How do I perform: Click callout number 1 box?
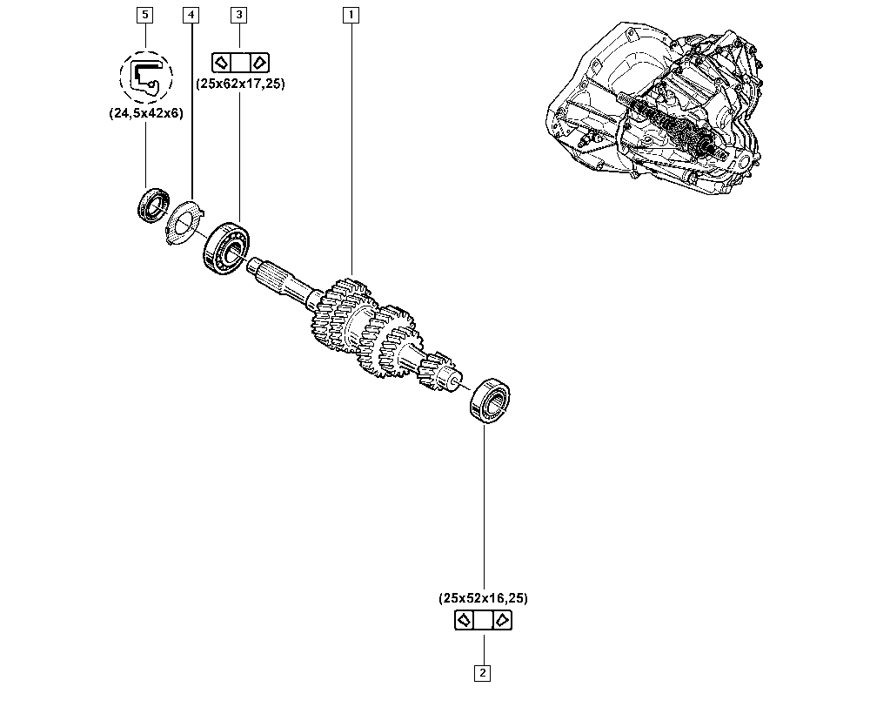351,15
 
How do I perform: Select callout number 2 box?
482,672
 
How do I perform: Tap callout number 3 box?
238,15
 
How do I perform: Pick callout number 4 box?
191,15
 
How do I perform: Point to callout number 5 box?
144,15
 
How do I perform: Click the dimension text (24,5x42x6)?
145,113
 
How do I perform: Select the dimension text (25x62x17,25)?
239,84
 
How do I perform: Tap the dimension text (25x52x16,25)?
483,598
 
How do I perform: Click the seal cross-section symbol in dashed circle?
145,76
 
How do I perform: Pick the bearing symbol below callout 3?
239,62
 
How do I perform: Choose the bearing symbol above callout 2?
483,620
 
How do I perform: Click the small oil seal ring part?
153,205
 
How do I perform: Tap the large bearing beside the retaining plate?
226,247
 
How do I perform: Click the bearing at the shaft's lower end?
492,400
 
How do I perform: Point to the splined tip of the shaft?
264,275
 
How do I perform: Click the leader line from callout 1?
351,148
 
